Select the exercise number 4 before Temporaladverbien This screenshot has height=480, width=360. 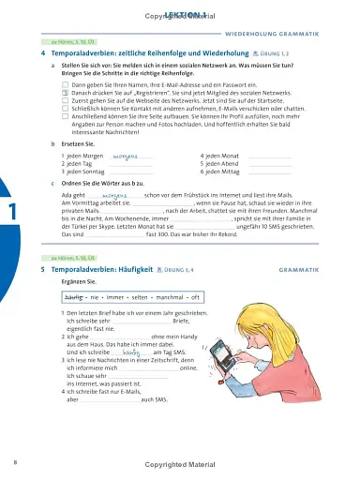pos(43,54)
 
